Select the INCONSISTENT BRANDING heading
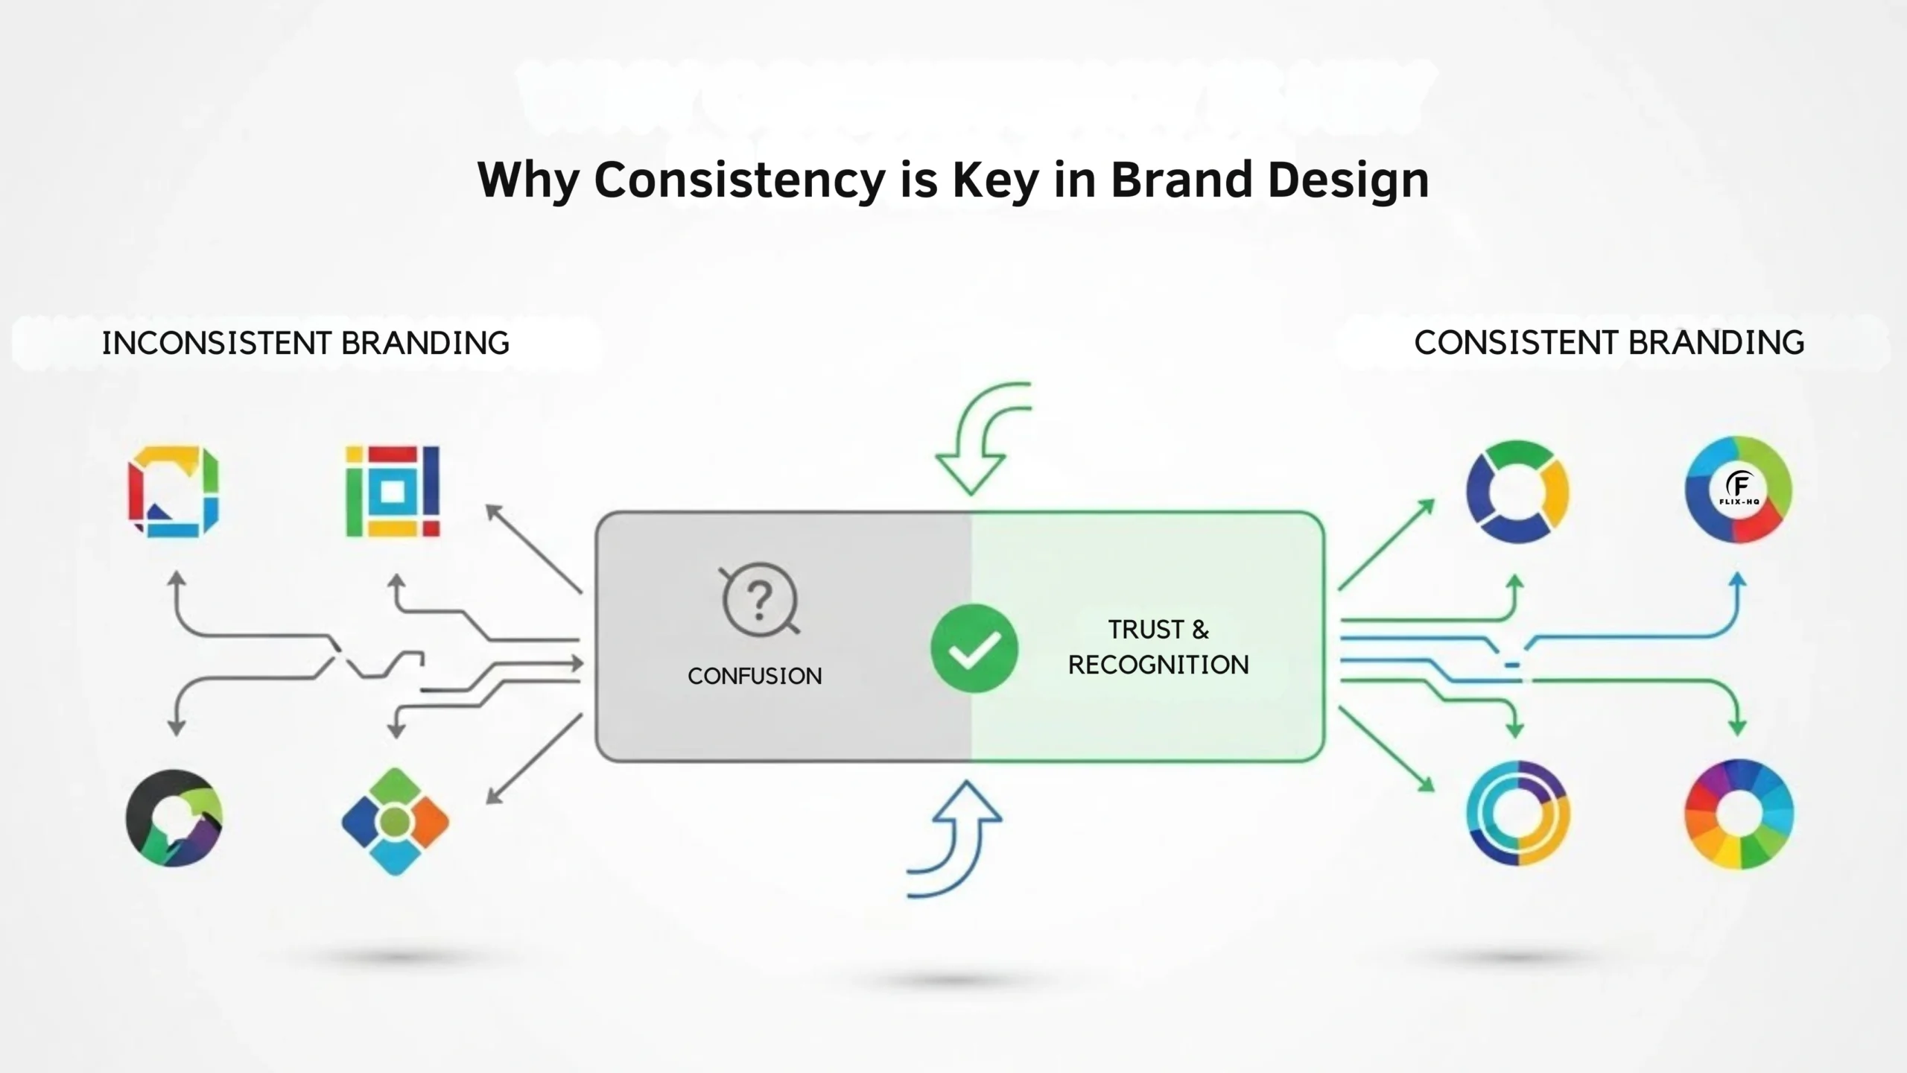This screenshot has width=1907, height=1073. point(305,344)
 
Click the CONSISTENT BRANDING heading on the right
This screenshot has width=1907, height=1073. point(1609,343)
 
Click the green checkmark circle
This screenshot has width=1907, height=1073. point(974,648)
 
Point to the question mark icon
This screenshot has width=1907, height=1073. point(759,600)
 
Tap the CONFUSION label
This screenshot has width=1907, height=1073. point(755,676)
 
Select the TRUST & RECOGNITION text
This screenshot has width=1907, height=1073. point(1158,647)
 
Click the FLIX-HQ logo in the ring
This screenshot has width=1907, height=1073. point(1739,489)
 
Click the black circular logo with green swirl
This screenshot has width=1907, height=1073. point(174,817)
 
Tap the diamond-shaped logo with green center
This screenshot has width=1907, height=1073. point(395,821)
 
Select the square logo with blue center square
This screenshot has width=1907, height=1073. point(393,491)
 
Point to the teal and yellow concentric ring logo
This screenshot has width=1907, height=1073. point(1518,813)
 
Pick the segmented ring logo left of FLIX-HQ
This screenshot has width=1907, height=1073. point(1517,492)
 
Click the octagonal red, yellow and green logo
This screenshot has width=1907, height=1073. point(174,491)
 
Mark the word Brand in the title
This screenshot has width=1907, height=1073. point(1181,180)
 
